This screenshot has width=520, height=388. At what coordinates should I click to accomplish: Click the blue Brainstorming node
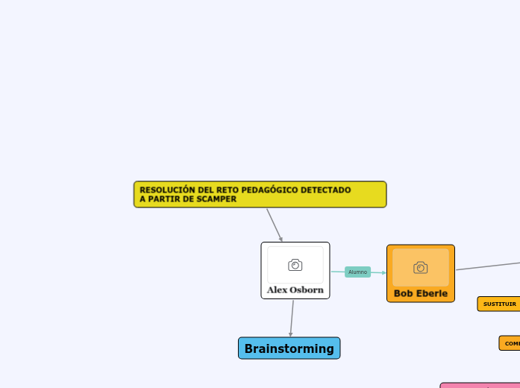tap(289, 348)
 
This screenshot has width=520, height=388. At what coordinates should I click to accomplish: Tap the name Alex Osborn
tap(295, 290)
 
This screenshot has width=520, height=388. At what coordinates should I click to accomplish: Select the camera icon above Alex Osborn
tap(295, 265)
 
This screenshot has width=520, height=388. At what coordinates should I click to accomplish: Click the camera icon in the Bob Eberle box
tap(421, 267)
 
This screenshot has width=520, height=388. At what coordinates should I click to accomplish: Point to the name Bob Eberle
tap(421, 293)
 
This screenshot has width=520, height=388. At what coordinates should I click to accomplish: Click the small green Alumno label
tap(358, 272)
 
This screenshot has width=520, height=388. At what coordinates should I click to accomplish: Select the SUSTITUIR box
tap(499, 304)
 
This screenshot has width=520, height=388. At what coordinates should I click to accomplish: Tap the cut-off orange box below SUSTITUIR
tap(510, 343)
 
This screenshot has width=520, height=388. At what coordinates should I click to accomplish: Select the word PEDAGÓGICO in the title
tap(270, 190)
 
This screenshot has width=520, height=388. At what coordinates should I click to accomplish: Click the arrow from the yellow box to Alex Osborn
tap(274, 224)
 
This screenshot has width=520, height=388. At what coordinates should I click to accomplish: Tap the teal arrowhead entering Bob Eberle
tap(383, 272)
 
